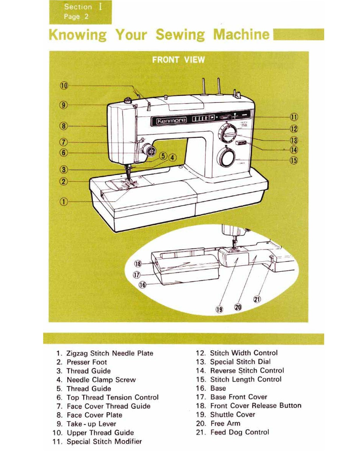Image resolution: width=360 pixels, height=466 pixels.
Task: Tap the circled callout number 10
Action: click(64, 86)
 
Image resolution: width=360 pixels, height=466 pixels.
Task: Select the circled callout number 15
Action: click(294, 160)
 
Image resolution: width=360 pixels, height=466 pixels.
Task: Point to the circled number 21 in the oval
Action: click(257, 299)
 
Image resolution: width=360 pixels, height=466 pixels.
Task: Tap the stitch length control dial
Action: click(227, 158)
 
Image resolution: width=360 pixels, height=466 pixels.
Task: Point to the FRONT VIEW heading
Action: click(178, 60)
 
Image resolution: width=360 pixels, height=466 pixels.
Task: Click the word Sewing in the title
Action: click(180, 35)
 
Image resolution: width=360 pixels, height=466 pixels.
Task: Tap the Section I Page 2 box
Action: click(80, 12)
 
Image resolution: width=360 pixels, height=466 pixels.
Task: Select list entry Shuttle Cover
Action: click(232, 414)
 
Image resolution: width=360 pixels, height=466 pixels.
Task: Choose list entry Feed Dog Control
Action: click(239, 432)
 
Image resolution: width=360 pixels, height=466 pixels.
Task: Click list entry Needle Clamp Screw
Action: click(101, 380)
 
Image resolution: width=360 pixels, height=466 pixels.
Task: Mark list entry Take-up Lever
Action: click(91, 424)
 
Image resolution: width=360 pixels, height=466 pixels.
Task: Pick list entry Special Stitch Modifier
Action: click(104, 442)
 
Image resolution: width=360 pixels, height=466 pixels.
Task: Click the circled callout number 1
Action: click(64, 202)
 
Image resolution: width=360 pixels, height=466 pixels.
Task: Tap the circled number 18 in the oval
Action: click(138, 264)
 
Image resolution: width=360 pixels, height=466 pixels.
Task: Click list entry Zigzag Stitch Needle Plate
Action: click(110, 353)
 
